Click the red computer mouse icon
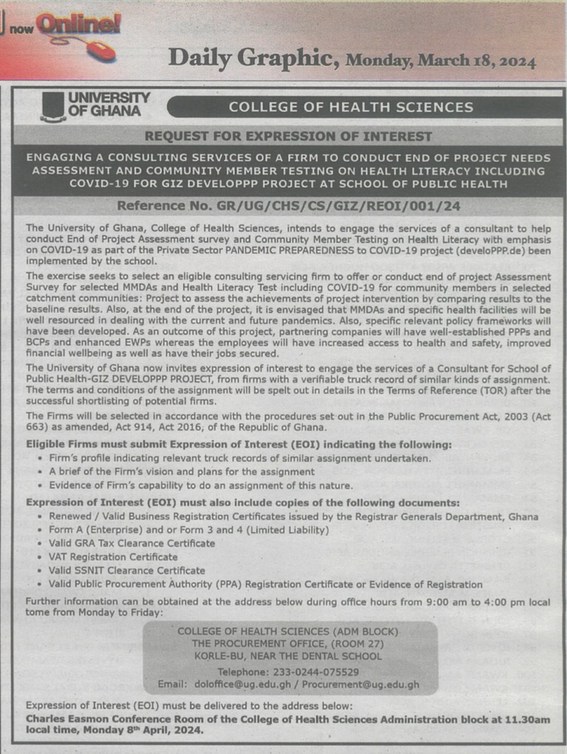[x=101, y=50]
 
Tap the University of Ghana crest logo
[x=52, y=106]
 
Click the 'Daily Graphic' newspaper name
[x=253, y=57]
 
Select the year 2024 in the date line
[x=516, y=61]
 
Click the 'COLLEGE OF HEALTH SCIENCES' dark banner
[x=351, y=108]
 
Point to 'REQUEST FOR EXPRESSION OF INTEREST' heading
[x=288, y=136]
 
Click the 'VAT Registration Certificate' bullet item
[x=113, y=557]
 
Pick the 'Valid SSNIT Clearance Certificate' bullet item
[x=127, y=570]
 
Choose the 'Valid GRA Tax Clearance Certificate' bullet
[x=132, y=543]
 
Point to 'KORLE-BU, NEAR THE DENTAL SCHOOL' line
[x=287, y=656]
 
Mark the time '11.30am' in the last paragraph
[x=529, y=718]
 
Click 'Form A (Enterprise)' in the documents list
[x=94, y=530]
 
